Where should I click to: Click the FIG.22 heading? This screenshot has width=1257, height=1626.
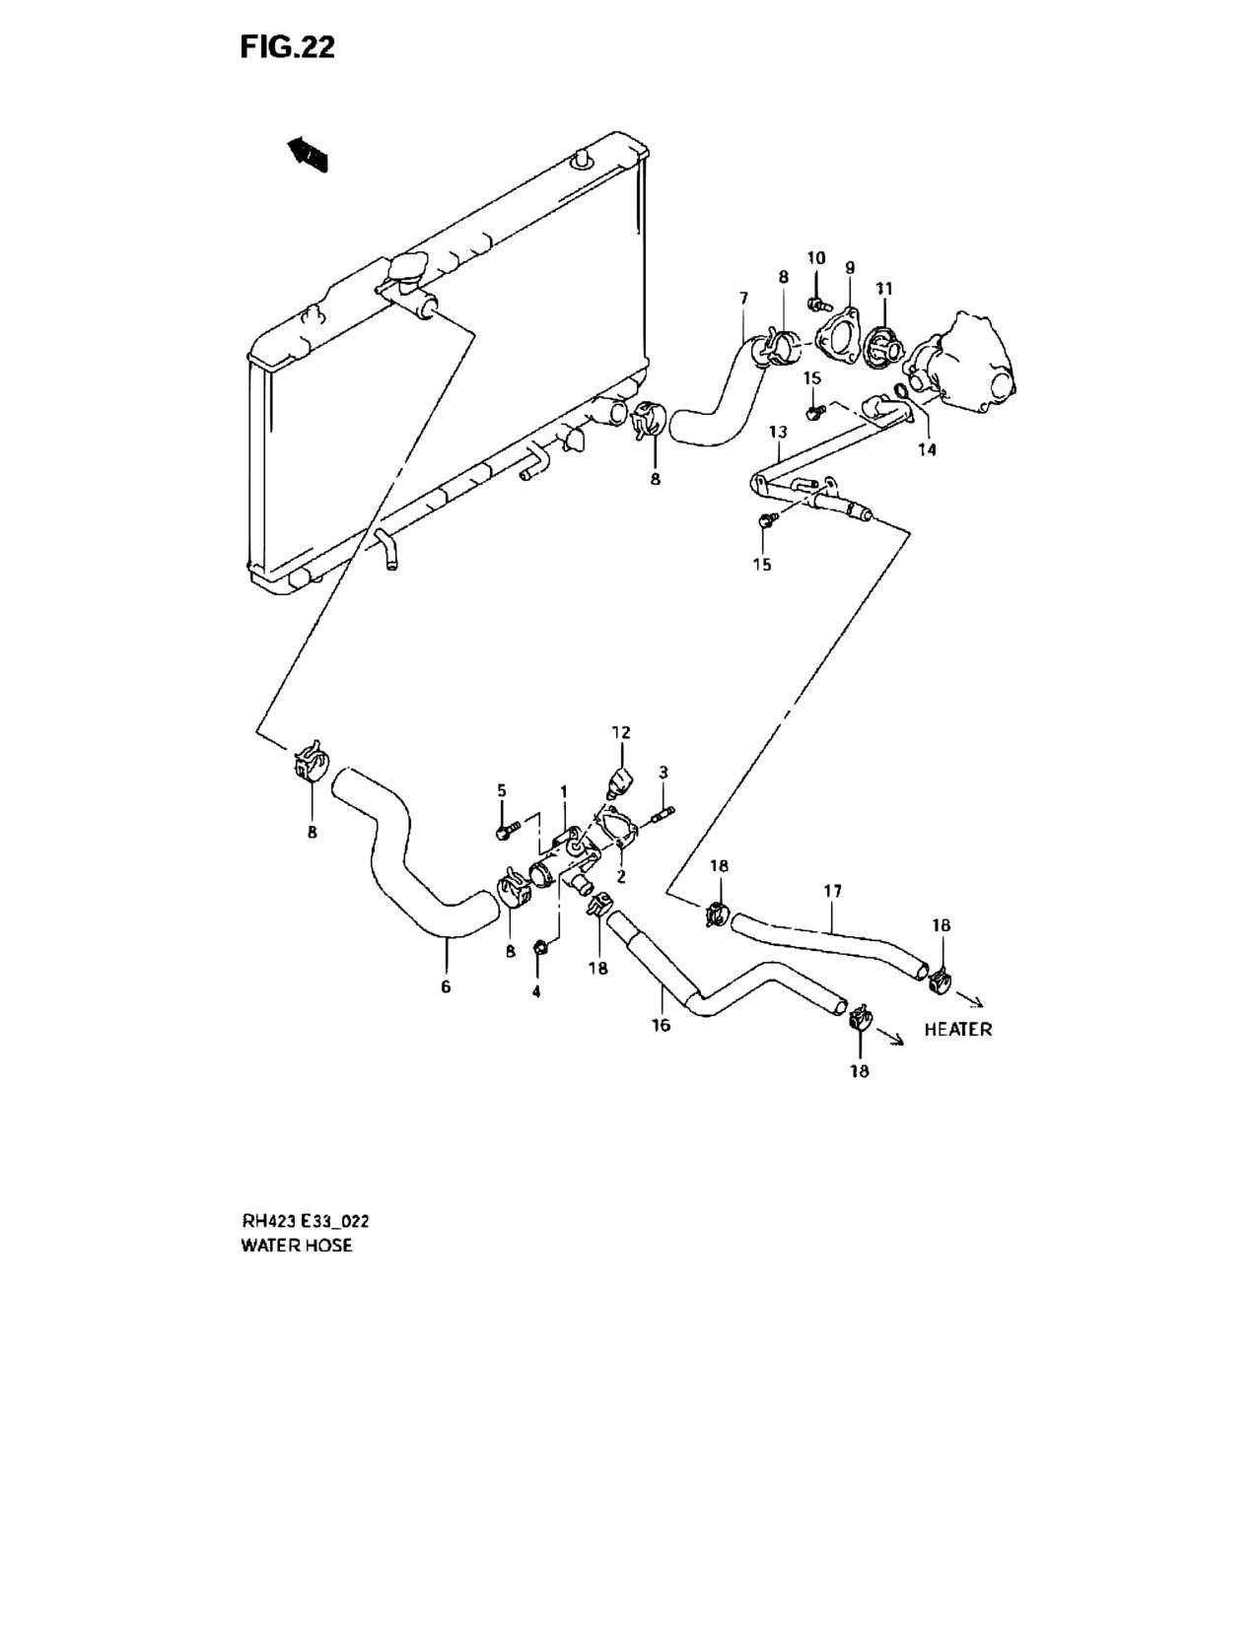288,47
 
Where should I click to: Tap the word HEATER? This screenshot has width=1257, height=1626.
957,1030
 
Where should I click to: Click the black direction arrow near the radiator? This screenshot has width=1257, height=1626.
309,154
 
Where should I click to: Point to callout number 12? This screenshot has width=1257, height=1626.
621,732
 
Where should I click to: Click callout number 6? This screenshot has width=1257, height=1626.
447,987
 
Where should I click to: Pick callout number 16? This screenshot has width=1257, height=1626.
662,1025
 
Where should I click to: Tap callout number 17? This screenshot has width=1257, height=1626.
832,891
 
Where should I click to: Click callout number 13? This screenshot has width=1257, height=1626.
778,432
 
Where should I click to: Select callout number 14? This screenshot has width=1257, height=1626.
928,449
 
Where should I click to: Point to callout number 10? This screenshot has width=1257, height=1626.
816,258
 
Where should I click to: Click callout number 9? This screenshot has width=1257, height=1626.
850,267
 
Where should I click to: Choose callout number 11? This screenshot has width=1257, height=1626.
884,288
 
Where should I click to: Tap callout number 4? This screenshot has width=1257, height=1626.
536,992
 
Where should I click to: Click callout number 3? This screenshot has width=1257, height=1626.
663,772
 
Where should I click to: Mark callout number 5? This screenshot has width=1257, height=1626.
502,790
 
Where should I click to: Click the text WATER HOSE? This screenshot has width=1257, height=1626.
297,1246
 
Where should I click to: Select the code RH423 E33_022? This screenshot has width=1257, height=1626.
305,1223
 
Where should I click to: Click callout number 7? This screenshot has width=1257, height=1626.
743,298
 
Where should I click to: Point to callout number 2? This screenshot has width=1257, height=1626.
621,876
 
